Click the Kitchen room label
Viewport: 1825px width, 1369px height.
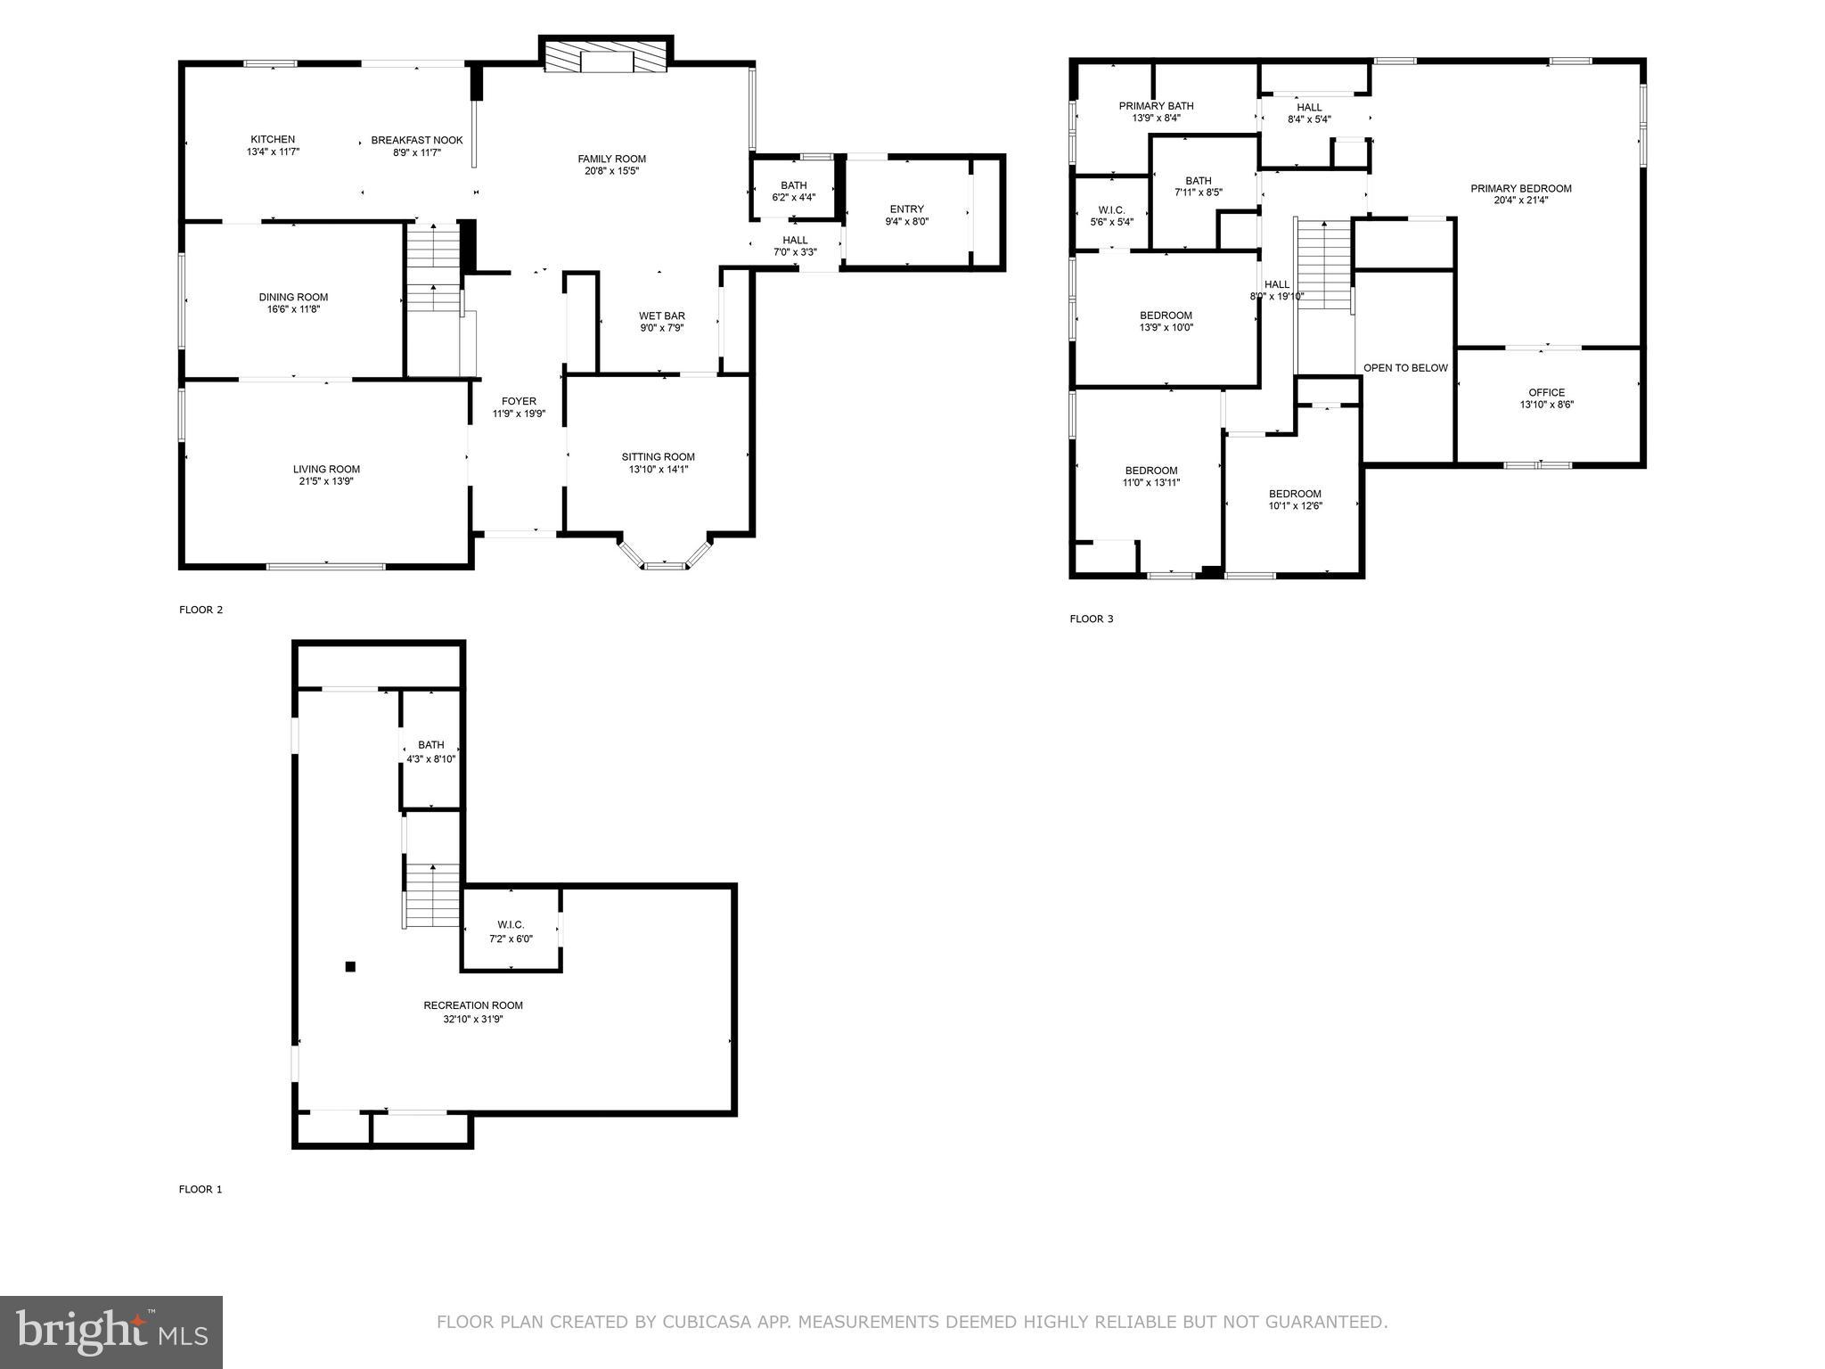coord(273,140)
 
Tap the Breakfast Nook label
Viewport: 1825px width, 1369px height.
coord(417,141)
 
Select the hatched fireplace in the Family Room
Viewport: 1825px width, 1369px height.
coord(606,60)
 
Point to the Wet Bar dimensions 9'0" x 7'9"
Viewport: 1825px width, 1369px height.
coord(661,328)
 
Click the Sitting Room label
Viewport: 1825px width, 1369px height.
coord(658,457)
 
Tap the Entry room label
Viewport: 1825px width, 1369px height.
coord(906,209)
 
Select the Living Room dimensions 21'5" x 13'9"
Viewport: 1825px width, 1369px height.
coord(326,481)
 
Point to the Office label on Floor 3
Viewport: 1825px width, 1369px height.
coord(1546,393)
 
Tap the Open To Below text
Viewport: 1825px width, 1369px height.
coord(1405,368)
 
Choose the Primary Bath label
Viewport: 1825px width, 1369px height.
coord(1156,106)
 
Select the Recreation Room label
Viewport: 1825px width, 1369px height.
coord(472,1005)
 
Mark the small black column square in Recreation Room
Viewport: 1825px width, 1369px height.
coord(350,966)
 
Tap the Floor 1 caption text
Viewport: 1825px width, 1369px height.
coord(201,1189)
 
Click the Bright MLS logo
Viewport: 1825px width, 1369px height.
coord(111,1332)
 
